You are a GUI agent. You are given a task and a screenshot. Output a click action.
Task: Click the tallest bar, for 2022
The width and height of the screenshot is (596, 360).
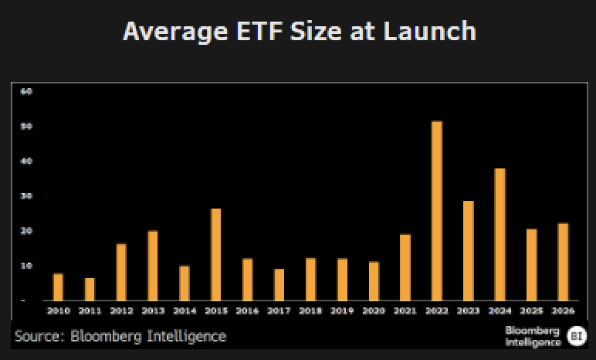pos(437,211)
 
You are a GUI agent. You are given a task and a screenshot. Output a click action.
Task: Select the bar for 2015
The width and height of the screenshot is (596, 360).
pos(215,255)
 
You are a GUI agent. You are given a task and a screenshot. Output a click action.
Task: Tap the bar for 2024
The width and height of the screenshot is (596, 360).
pos(499,234)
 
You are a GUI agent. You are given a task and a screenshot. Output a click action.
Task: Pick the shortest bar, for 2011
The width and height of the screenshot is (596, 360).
pos(90,289)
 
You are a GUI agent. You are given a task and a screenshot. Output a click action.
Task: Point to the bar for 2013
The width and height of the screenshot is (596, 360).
pos(152,266)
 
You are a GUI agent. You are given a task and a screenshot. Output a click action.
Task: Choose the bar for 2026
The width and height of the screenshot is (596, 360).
pos(563,262)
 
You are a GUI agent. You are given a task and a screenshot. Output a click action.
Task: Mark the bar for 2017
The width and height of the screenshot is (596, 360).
pos(279,284)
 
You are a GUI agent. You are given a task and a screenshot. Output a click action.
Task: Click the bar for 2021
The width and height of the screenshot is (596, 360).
pos(405,267)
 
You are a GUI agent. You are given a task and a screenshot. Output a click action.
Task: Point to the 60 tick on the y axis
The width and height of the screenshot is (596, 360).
pos(26,91)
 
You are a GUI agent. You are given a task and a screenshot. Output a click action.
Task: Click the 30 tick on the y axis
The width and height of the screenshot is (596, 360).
pos(26,196)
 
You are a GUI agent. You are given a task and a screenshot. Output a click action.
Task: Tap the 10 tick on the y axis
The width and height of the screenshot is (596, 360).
pos(26,266)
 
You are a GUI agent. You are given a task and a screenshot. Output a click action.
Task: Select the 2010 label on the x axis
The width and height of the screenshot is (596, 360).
pos(58,311)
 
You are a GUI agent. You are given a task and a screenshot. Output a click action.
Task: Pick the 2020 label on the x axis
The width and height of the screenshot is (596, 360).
pos(374,311)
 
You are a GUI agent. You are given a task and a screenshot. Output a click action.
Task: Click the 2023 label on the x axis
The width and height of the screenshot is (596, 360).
pos(469,311)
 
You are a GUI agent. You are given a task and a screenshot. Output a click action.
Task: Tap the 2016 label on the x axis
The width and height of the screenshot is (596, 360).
pos(247,311)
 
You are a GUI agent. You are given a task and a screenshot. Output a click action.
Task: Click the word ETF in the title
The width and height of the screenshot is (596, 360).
pos(259,31)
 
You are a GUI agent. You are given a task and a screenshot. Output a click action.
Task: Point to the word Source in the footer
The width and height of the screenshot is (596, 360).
pos(39,336)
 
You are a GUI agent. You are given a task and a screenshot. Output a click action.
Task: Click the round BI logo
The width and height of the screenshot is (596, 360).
pos(577,336)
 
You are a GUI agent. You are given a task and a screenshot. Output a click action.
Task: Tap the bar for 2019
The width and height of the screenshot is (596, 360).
pos(342,280)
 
